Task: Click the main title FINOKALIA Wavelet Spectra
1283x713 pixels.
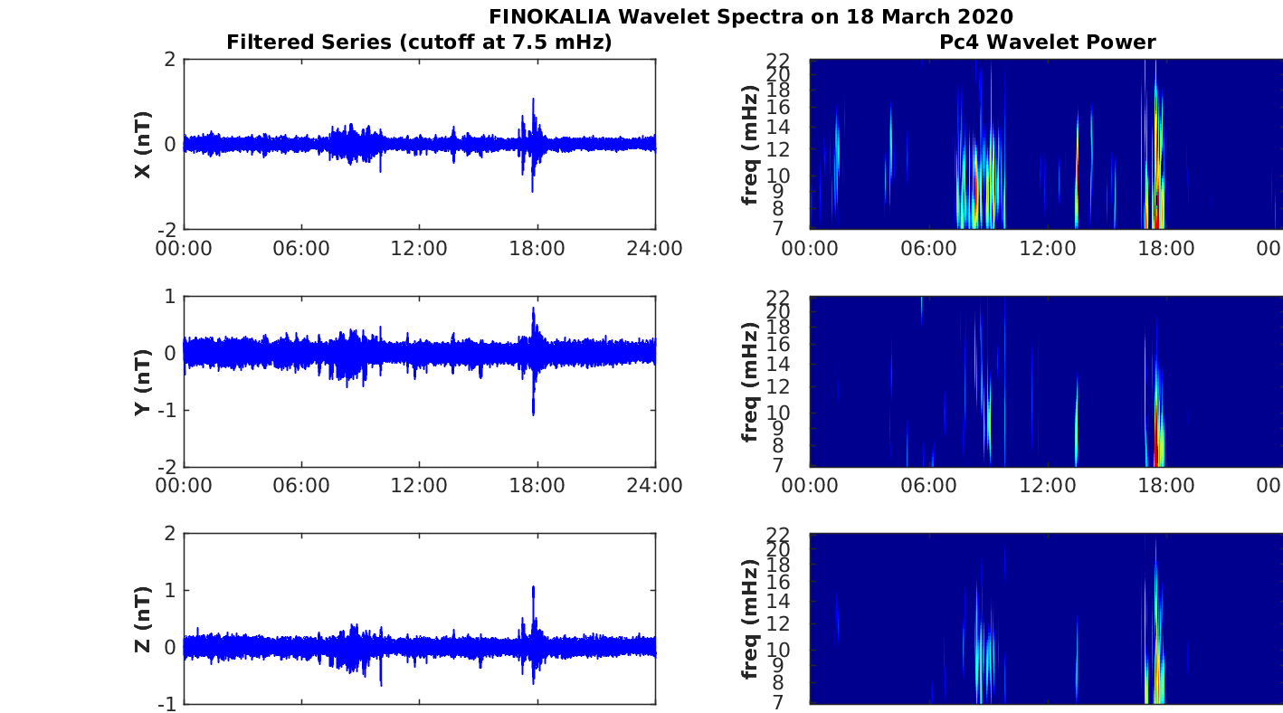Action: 750,16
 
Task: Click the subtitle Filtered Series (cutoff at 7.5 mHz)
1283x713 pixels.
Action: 419,42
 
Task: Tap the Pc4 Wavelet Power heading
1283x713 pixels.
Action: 1046,42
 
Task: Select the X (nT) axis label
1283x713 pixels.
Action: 142,144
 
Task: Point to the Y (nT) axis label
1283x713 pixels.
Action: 142,381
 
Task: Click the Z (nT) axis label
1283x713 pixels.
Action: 142,619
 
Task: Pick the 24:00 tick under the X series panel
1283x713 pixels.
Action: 655,249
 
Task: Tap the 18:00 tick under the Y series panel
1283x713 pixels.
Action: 537,486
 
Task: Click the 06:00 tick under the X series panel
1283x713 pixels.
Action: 301,249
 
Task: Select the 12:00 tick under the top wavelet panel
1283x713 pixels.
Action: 1047,249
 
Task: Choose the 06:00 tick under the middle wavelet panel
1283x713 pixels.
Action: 928,486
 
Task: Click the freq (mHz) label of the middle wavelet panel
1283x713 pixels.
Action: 750,381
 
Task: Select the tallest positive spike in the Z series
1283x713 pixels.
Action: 534,588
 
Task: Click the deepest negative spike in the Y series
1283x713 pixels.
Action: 534,414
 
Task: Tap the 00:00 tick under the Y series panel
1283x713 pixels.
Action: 184,486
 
